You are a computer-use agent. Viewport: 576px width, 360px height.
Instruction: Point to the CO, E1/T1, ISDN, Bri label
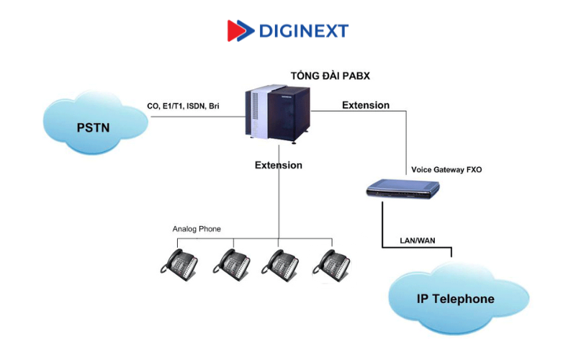183,106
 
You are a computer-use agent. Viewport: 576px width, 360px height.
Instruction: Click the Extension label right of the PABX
366,105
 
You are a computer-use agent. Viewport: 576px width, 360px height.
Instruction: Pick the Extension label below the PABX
279,165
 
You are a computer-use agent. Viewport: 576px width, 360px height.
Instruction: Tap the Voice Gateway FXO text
446,170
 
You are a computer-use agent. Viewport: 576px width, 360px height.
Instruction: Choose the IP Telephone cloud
456,298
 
